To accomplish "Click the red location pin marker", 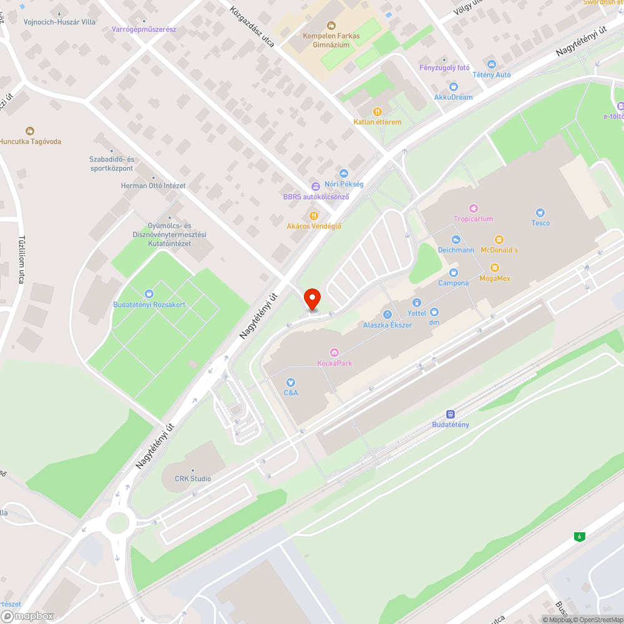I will coord(312,298).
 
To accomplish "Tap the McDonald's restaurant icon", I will coord(499,240).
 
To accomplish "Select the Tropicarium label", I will coord(474,219).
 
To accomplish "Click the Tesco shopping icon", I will coord(540,213).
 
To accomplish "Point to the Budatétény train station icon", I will coord(450,414).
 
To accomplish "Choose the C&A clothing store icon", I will coord(291,382).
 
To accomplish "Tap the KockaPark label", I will coord(334,363).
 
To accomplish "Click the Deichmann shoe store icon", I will coord(456,240).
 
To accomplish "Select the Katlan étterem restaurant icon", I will coord(377,112).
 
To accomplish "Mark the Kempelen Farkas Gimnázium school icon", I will coord(331,26).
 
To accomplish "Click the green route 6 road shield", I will coord(580,536).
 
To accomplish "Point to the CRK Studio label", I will coord(193,479).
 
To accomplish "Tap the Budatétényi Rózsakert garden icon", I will coord(149,294).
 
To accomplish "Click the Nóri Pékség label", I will coord(344,184).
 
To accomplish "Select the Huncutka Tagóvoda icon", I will coord(29,131).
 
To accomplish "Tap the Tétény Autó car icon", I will coord(491,64).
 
